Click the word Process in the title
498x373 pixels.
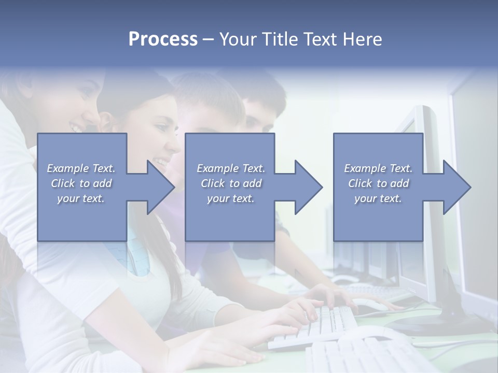click(x=163, y=39)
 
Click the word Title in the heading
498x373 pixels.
click(x=280, y=39)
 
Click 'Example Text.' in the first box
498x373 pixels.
click(x=81, y=168)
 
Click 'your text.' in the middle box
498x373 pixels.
click(x=230, y=198)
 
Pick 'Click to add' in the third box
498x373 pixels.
click(x=378, y=183)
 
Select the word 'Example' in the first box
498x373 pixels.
click(x=68, y=168)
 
